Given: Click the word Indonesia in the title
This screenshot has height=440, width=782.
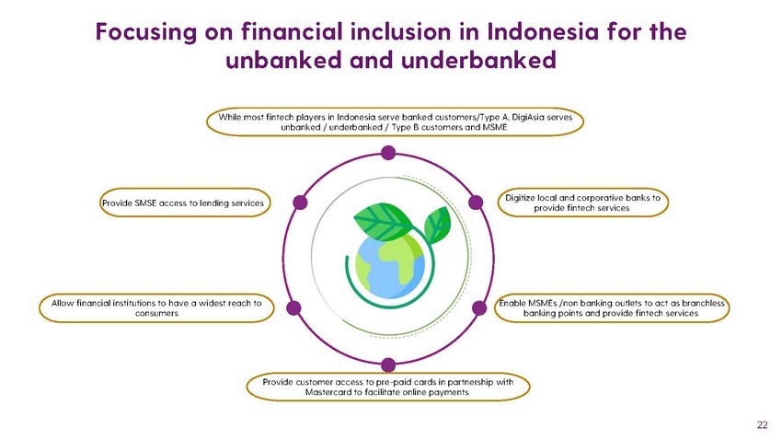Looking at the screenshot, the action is [x=543, y=31].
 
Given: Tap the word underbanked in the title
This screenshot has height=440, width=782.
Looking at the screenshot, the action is [x=478, y=61].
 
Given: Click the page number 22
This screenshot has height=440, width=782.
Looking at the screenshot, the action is [x=762, y=425].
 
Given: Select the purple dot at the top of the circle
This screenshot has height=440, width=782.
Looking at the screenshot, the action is [x=388, y=153].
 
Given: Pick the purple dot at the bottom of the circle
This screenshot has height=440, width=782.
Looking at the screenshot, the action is [x=388, y=365].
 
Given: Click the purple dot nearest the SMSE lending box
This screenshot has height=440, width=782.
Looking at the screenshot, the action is [x=300, y=203].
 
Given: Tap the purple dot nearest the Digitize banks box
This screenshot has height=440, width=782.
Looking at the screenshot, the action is [x=476, y=203].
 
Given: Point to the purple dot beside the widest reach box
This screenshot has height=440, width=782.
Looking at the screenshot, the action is [x=293, y=307].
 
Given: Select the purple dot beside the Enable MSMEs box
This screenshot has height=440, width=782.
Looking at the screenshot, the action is [x=479, y=307].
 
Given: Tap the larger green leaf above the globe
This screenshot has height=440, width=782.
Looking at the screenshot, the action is [x=382, y=221].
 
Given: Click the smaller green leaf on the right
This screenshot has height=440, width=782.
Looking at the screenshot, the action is [x=437, y=225].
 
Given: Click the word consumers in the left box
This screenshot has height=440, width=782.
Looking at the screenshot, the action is [x=156, y=314].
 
